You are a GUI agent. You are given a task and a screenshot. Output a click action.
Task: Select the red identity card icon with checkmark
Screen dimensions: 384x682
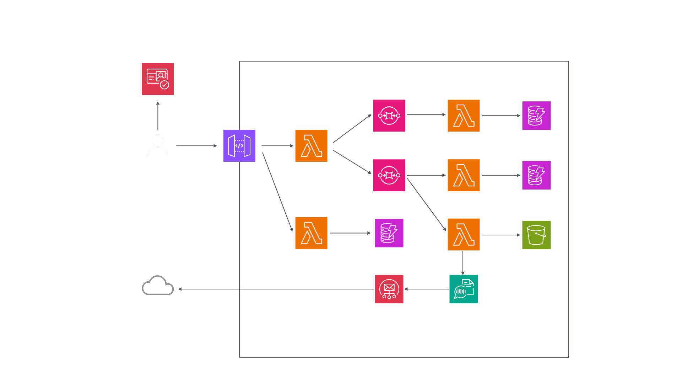click(x=158, y=79)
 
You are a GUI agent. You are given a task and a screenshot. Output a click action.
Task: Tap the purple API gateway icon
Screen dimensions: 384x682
click(x=239, y=146)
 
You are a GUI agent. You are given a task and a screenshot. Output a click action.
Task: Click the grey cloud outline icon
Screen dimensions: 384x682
click(x=158, y=286)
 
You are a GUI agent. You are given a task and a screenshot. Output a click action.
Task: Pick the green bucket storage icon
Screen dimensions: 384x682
click(x=536, y=235)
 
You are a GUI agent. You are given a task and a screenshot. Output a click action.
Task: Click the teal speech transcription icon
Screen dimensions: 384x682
click(x=464, y=289)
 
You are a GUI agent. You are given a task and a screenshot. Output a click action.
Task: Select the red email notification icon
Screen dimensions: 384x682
click(x=389, y=289)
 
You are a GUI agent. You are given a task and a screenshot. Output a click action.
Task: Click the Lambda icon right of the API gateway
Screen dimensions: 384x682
click(x=311, y=146)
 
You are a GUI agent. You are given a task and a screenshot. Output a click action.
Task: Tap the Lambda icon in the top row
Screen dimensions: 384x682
click(x=464, y=116)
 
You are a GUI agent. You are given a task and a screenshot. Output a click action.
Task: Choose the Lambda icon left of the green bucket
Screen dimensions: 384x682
click(x=464, y=234)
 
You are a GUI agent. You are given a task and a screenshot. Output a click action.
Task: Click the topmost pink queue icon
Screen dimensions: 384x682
click(x=389, y=116)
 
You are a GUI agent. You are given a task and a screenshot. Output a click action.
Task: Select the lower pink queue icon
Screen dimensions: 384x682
click(x=389, y=175)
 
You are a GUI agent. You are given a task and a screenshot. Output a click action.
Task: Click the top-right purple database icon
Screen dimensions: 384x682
click(x=536, y=116)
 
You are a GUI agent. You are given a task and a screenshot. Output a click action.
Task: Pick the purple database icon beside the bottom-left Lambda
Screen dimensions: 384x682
click(x=389, y=233)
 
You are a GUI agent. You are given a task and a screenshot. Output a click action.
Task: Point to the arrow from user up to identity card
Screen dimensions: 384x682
click(x=158, y=116)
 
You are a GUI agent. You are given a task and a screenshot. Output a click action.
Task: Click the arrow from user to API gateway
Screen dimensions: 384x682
click(x=196, y=146)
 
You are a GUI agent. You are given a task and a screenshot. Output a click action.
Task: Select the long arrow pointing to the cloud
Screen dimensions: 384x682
click(x=277, y=289)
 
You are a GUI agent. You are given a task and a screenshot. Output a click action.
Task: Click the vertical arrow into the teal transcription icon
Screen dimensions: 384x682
click(x=463, y=263)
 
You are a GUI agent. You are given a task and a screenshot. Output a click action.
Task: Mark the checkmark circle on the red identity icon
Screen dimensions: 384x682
click(x=164, y=85)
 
